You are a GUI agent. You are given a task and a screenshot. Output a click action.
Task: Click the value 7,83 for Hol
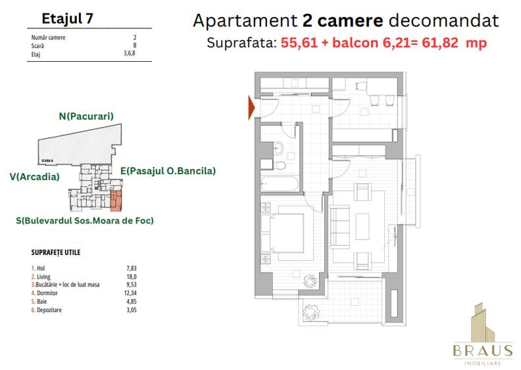[x=130, y=269]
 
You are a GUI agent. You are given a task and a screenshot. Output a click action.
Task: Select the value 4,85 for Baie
[x=130, y=302]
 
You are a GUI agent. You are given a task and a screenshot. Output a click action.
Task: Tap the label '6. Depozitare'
[x=48, y=310]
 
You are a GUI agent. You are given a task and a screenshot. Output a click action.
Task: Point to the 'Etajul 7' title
[x=67, y=18]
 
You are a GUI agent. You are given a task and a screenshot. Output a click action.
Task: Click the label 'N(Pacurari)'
[x=86, y=116]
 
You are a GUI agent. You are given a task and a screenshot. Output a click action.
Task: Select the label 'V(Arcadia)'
[x=35, y=176]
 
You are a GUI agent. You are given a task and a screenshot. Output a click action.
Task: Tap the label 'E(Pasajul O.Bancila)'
[x=168, y=171]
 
